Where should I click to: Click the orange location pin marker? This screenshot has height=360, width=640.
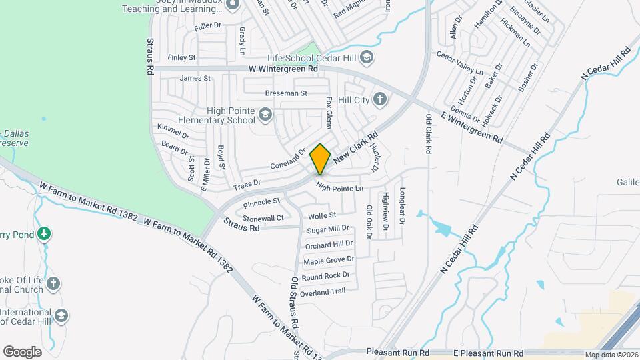tap(321, 159)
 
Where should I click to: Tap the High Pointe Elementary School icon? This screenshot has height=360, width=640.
tap(265, 115)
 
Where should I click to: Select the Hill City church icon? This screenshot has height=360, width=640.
tap(380, 100)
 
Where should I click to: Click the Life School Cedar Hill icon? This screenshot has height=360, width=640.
tap(366, 58)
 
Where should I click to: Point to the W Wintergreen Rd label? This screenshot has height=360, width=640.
tap(283, 69)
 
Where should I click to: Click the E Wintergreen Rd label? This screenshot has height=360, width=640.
tap(471, 126)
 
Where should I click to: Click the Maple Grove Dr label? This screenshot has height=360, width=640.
tap(329, 260)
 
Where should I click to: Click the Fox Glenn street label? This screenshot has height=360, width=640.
tap(329, 111)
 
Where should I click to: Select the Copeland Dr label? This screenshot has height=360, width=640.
tap(287, 159)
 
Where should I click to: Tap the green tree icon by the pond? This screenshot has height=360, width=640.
tap(44, 234)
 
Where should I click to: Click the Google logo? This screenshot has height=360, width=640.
tap(22, 351)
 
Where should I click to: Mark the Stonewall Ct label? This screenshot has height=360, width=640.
tap(263, 218)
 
